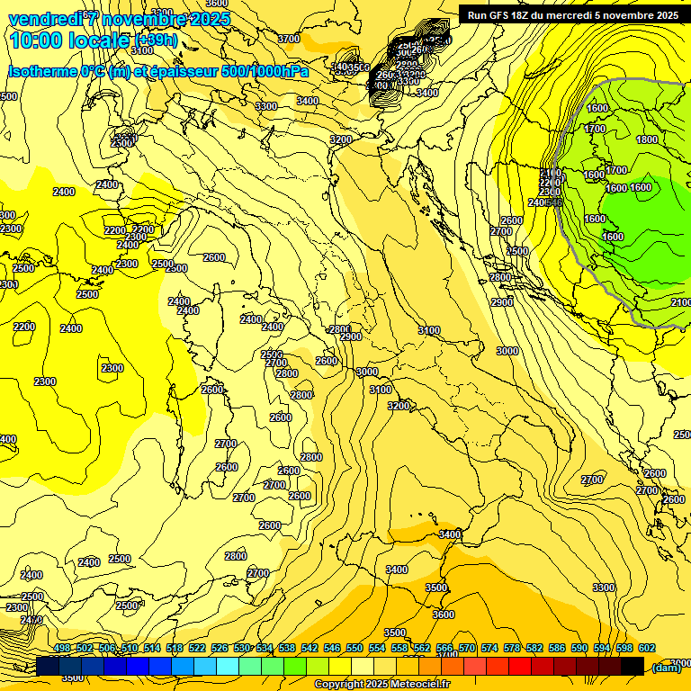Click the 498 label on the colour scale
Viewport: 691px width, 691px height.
click(62, 649)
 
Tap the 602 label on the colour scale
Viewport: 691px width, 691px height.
click(646, 649)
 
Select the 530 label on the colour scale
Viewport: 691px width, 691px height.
click(242, 649)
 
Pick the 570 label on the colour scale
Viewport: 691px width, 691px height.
click(467, 649)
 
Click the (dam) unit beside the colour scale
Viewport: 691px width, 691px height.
click(666, 667)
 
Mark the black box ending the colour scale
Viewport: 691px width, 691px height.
click(633, 666)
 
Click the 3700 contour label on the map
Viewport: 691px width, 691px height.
click(289, 39)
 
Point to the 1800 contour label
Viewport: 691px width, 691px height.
click(646, 139)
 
